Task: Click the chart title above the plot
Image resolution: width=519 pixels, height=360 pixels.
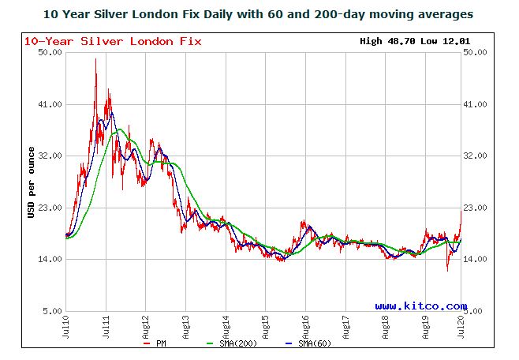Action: point(259,13)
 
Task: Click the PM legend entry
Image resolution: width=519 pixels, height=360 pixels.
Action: point(156,344)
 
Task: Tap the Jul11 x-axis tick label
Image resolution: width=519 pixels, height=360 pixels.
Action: point(106,326)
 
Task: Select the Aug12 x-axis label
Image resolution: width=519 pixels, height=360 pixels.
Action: point(146,326)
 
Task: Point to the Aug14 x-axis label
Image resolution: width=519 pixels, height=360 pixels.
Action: point(226,326)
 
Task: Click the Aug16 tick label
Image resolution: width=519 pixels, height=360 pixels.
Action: point(305,326)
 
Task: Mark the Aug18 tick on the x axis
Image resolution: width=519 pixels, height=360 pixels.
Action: point(385,326)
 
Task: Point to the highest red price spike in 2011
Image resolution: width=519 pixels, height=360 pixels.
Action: point(95,60)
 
